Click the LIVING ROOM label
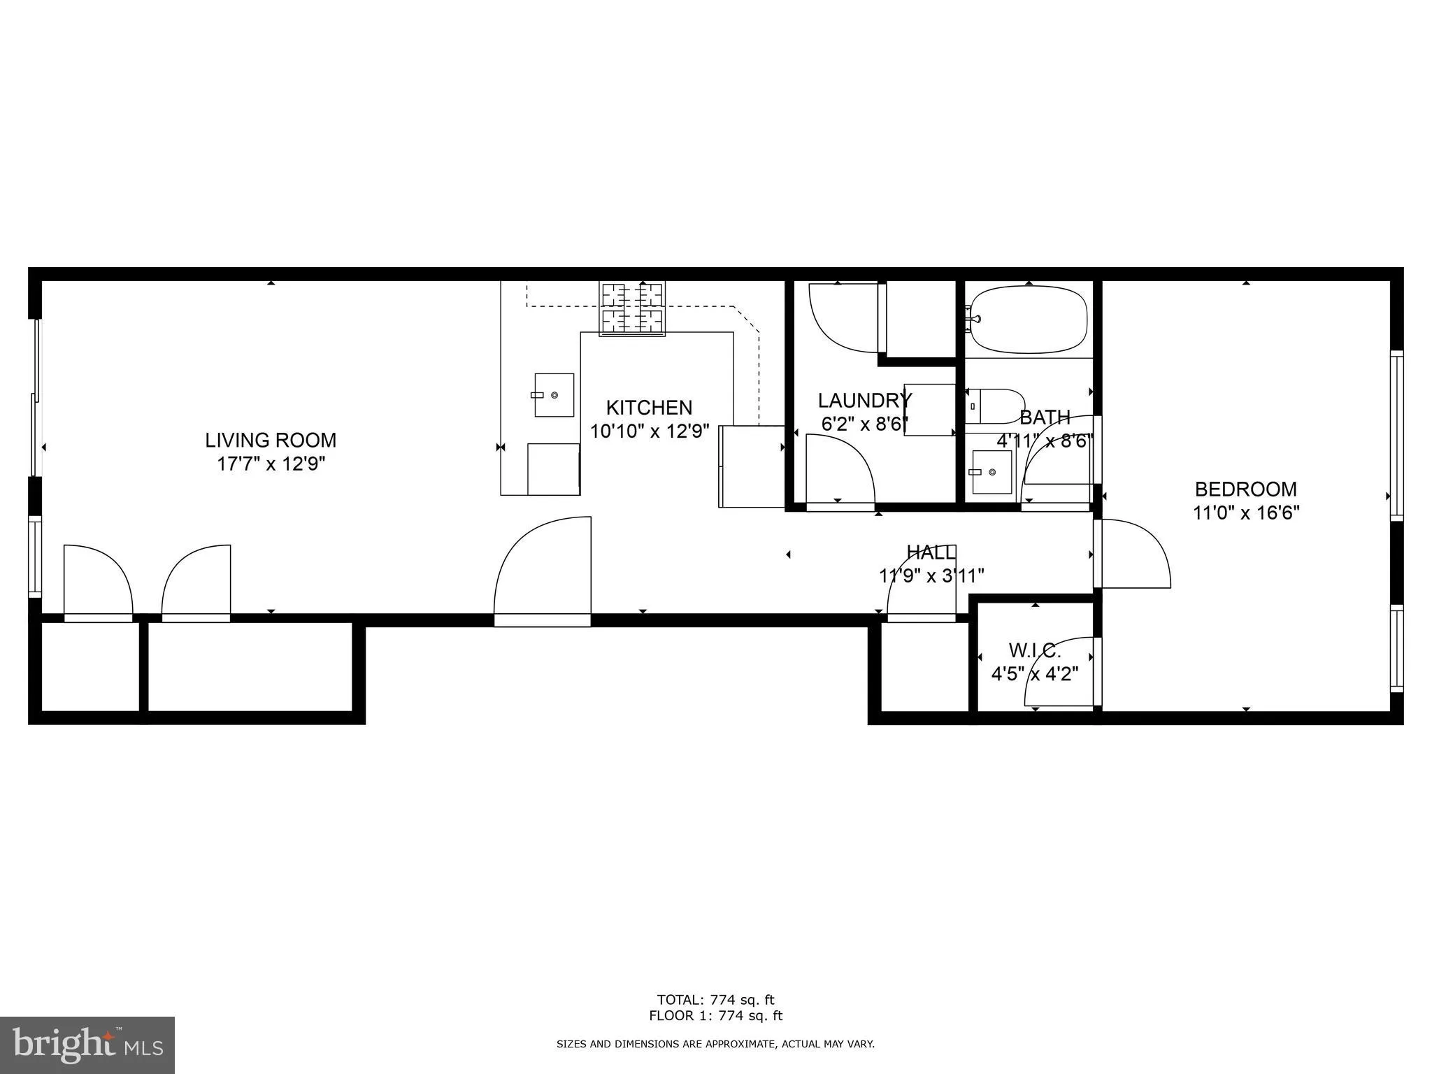pyautogui.click(x=271, y=440)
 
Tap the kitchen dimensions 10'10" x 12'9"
pyautogui.click(x=650, y=431)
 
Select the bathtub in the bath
pyautogui.click(x=1028, y=320)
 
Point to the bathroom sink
pyautogui.click(x=992, y=472)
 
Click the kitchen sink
pyautogui.click(x=554, y=395)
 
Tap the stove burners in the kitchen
pyautogui.click(x=632, y=308)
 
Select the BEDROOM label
pyautogui.click(x=1245, y=489)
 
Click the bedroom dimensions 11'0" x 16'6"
pyautogui.click(x=1245, y=513)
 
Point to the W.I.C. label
pyautogui.click(x=1035, y=651)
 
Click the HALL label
pyautogui.click(x=931, y=552)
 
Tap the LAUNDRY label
pyautogui.click(x=864, y=401)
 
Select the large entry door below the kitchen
pyautogui.click(x=543, y=570)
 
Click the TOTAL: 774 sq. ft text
pyautogui.click(x=715, y=1000)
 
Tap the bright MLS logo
pyautogui.click(x=87, y=1045)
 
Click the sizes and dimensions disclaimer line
pyautogui.click(x=715, y=1044)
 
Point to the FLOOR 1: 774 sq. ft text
pyautogui.click(x=715, y=1016)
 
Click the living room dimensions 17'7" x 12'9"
pyautogui.click(x=271, y=464)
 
